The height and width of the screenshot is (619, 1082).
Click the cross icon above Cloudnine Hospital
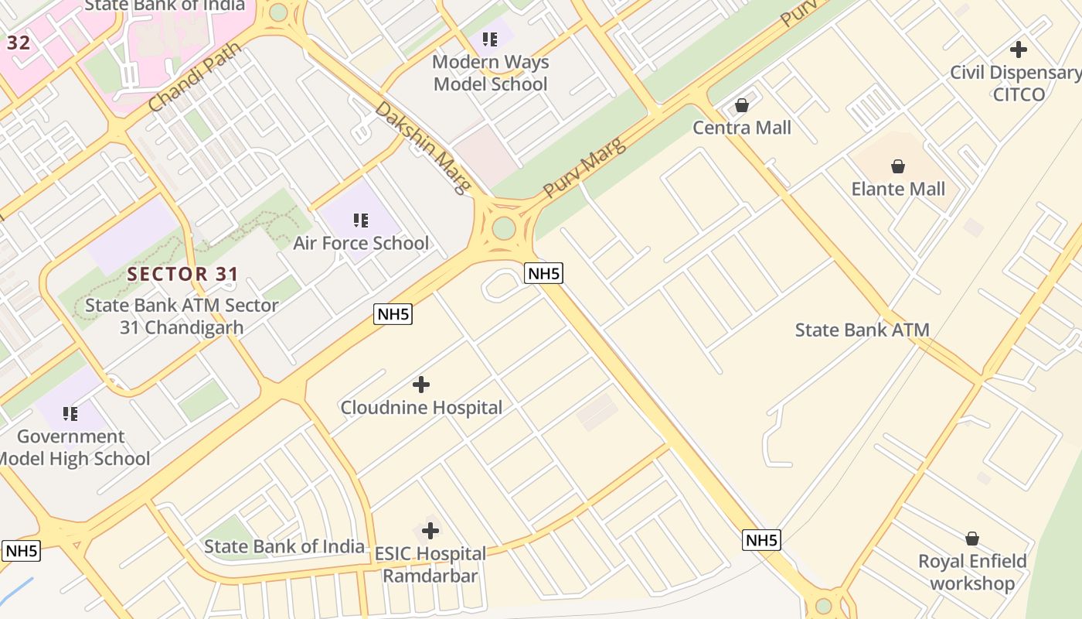tap(421, 384)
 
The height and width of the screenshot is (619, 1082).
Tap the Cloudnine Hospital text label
tap(421, 407)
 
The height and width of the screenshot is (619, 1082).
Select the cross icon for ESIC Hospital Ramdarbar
tap(430, 531)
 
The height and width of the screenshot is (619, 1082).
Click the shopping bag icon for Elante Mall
tap(898, 166)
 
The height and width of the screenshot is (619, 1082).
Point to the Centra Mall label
tap(742, 128)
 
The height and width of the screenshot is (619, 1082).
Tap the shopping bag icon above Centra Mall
tap(742, 105)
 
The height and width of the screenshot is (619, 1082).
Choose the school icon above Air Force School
tap(360, 221)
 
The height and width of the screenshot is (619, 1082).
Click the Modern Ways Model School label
tap(490, 73)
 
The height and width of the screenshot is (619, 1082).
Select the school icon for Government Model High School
tap(70, 414)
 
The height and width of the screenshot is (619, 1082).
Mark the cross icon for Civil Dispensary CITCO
tap(1019, 50)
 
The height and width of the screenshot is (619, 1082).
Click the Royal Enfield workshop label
tap(972, 572)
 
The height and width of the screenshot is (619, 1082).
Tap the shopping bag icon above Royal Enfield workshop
tap(972, 539)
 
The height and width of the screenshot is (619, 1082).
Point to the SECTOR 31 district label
tap(183, 274)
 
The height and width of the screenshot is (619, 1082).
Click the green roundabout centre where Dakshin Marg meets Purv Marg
tap(503, 228)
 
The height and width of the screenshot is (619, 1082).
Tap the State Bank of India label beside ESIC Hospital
tap(284, 546)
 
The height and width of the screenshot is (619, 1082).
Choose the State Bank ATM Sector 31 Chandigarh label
tap(182, 316)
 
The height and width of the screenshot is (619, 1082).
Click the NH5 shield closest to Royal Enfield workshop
tap(761, 540)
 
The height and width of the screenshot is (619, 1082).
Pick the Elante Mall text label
tap(898, 189)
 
